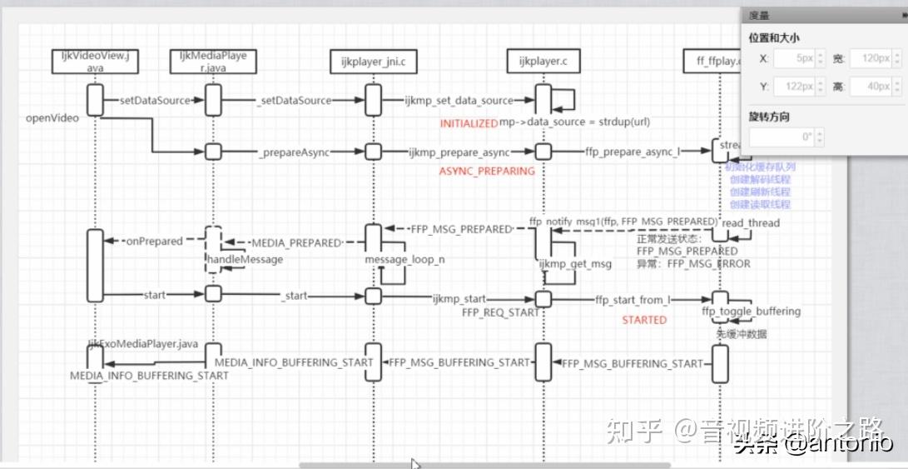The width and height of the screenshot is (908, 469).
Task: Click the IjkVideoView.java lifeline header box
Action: point(95,62)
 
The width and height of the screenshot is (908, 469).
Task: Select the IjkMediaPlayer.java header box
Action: point(213,62)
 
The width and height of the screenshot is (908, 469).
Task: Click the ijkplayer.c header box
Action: point(543,62)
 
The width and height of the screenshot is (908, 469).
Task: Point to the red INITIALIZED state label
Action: point(469,123)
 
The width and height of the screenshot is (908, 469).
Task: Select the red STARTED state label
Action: point(644,320)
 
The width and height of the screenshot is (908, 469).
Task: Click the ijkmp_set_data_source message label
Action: point(459,101)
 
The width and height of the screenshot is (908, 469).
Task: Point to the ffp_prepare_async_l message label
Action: point(632,152)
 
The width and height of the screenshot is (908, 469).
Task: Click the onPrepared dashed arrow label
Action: point(153,242)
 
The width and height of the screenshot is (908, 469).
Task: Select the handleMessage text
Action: point(245,260)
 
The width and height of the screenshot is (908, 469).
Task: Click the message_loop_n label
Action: point(404,260)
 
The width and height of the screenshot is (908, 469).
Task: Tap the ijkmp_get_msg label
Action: point(575,265)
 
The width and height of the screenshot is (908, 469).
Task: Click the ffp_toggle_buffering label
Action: point(751,312)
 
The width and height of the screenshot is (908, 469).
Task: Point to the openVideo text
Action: point(52,118)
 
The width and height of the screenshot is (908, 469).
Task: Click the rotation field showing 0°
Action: point(786,137)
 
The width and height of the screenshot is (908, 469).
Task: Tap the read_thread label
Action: point(751,223)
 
